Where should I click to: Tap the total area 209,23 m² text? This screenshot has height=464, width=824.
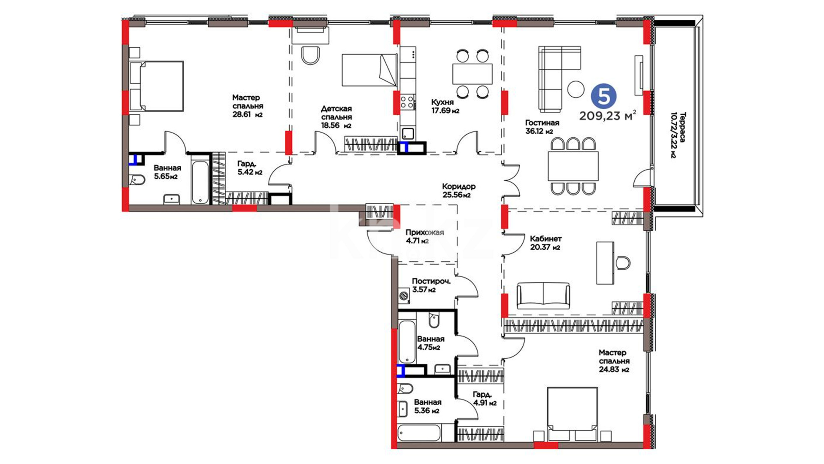tap(607, 116)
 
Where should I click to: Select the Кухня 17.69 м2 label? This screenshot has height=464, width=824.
tap(445, 106)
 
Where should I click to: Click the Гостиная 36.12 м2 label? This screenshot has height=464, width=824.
tap(542, 127)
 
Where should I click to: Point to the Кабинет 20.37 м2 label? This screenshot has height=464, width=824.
tap(545, 243)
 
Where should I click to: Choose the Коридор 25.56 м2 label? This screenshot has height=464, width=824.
tap(458, 190)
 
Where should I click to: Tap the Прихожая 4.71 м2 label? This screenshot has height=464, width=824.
tap(424, 236)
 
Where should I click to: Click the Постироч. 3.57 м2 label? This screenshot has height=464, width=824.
tap(431, 285)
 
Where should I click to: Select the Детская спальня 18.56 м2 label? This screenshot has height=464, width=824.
tap(336, 117)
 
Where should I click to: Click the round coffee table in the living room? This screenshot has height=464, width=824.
tap(576, 89)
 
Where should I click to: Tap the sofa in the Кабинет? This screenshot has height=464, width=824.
tap(543, 296)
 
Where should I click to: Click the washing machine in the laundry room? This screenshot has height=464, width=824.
tap(403, 296)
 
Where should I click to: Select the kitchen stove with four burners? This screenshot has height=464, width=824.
tap(407, 102)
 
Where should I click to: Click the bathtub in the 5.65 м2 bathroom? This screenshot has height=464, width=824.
tap(200, 182)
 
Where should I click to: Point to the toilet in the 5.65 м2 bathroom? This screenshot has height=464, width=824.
tap(137, 180)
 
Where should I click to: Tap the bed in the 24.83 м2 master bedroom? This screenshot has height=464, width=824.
tap(573, 414)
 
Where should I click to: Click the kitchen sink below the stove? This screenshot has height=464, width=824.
tap(407, 134)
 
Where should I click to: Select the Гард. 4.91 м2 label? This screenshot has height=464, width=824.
tap(485, 399)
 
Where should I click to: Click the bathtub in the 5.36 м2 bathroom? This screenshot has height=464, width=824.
tap(419, 433)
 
